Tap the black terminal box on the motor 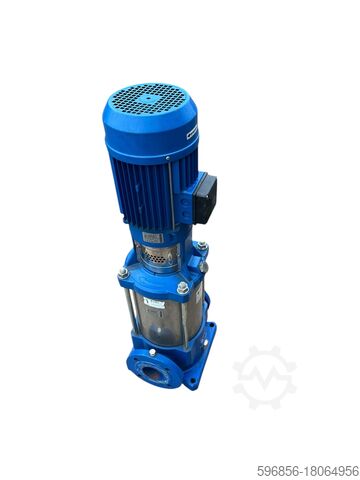click(x=205, y=197)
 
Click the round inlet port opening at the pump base click(x=154, y=375)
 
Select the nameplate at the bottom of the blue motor click(x=152, y=238)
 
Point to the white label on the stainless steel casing click(x=154, y=302)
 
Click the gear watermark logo click(x=264, y=377)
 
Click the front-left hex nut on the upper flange click(x=123, y=272)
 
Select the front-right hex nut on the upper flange click(x=183, y=288)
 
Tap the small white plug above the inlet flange click(x=153, y=351)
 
